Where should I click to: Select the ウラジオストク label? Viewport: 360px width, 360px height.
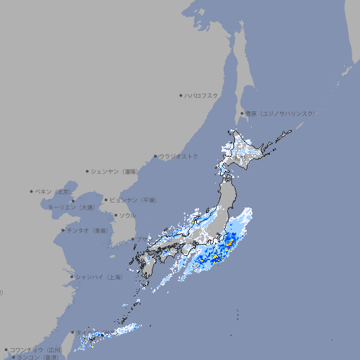179,156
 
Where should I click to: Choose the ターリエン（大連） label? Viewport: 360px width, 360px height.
72,207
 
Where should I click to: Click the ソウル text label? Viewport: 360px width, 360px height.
127,215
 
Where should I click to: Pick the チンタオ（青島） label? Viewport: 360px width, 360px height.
88,230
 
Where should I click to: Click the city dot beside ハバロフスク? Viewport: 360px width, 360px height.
181,95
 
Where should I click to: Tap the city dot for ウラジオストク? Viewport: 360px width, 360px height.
155,156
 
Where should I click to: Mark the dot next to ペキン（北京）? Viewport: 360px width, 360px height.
32,191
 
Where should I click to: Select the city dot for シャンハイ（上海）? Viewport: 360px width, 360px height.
72,277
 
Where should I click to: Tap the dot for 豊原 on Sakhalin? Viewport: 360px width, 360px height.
242,113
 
